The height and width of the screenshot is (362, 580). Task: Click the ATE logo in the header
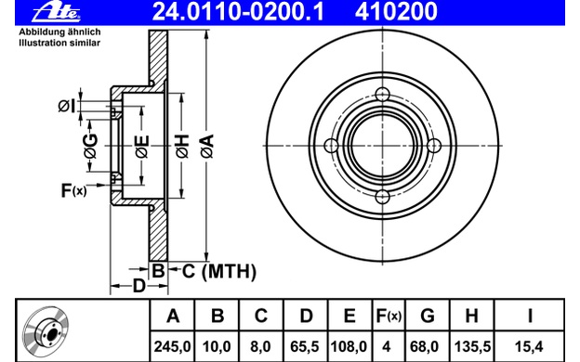tap(56, 12)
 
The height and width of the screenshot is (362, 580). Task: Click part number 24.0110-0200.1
tap(238, 11)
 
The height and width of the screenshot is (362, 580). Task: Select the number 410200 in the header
tap(396, 11)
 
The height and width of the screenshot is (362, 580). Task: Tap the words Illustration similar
tap(59, 44)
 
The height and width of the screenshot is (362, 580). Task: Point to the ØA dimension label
tap(207, 147)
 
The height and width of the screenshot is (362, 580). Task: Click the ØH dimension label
tap(182, 147)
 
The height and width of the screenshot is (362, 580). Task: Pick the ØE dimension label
tap(142, 147)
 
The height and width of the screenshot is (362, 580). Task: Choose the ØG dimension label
tap(91, 146)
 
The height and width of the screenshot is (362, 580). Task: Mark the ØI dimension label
tap(67, 107)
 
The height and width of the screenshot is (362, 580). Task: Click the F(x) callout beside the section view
tap(73, 190)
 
